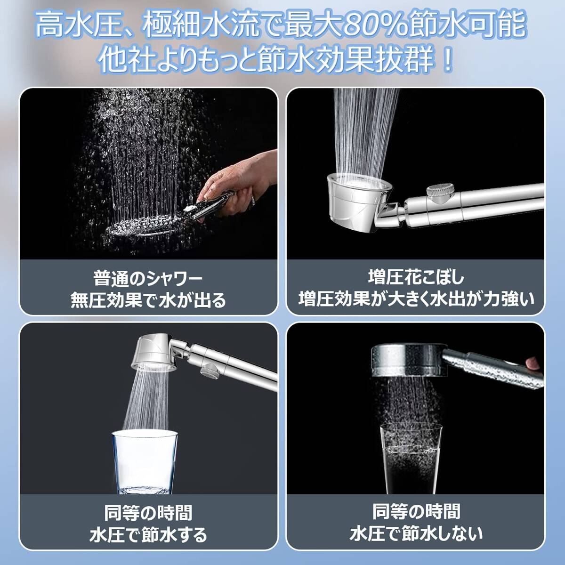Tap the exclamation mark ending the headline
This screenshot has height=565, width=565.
(x=448, y=61)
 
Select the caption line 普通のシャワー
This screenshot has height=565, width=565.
(x=148, y=279)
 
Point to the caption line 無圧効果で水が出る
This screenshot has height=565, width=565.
(x=148, y=300)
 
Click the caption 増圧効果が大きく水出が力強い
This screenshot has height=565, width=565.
(x=416, y=299)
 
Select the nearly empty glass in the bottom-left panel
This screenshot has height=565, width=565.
(x=145, y=462)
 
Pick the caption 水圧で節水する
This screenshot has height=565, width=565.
(x=148, y=534)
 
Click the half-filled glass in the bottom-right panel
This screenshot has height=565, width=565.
(x=411, y=459)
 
